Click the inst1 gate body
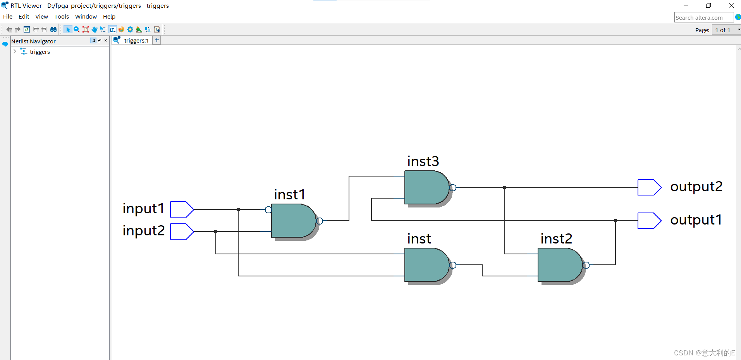pyautogui.click(x=294, y=221)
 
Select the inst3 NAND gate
pyautogui.click(x=427, y=187)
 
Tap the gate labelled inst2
pyautogui.click(x=560, y=265)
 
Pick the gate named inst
pyautogui.click(x=427, y=265)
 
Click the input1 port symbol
pyautogui.click(x=182, y=209)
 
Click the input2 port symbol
pyautogui.click(x=182, y=231)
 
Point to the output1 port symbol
pyautogui.click(x=649, y=221)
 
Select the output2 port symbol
pyautogui.click(x=649, y=187)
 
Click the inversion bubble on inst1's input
pyautogui.click(x=268, y=210)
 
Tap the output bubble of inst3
pyautogui.click(x=453, y=188)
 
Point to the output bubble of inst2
pyautogui.click(x=586, y=265)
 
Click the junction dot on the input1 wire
pyautogui.click(x=238, y=209)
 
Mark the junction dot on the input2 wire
pyautogui.click(x=216, y=231)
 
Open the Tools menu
pyautogui.click(x=62, y=17)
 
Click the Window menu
pyautogui.click(x=86, y=17)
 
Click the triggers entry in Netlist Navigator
pyautogui.click(x=40, y=52)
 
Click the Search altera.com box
pyautogui.click(x=704, y=17)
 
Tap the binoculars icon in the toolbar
pyautogui.click(x=53, y=29)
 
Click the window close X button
pyautogui.click(x=731, y=5)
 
